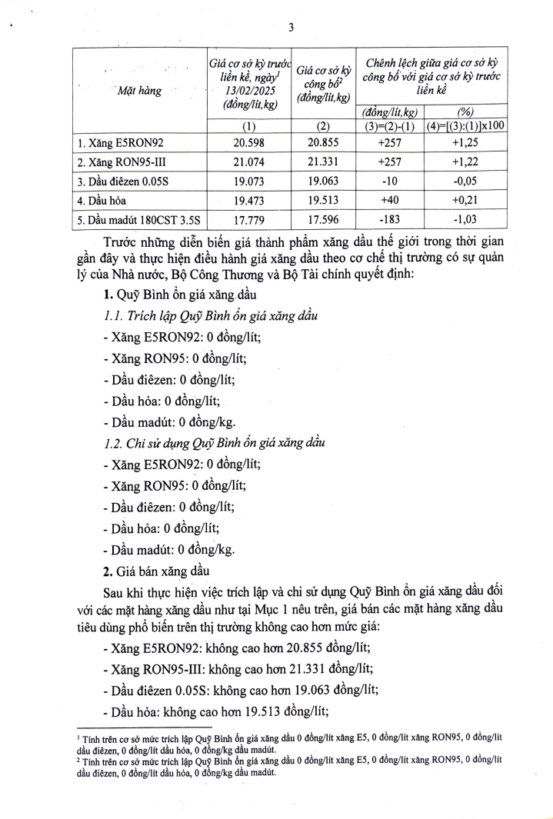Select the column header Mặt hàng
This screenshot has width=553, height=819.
pos(139,91)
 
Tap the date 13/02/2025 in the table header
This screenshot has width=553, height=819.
pos(247,89)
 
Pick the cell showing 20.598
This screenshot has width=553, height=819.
pos(248,143)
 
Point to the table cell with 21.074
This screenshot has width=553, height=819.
pos(248,161)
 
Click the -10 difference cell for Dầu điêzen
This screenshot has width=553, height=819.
pos(390,181)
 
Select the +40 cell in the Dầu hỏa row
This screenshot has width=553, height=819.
pos(390,199)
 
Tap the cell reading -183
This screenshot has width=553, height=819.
pos(390,218)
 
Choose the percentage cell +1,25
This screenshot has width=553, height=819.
pos(466,143)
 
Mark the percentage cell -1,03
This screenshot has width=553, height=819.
pos(466,218)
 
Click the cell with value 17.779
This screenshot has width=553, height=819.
pos(248,218)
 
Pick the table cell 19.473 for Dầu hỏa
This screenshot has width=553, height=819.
pos(248,199)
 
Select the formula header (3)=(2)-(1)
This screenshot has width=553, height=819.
pos(390,126)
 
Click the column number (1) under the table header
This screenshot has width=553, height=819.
pos(248,126)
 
